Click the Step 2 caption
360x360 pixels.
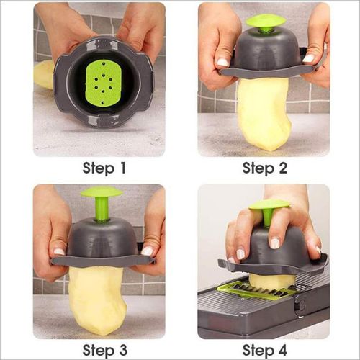click(x=264, y=169)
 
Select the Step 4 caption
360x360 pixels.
click(x=264, y=351)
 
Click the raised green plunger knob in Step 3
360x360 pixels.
click(x=101, y=193)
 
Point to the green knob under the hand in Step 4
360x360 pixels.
click(x=269, y=207)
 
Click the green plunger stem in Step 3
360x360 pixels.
click(x=102, y=210)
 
